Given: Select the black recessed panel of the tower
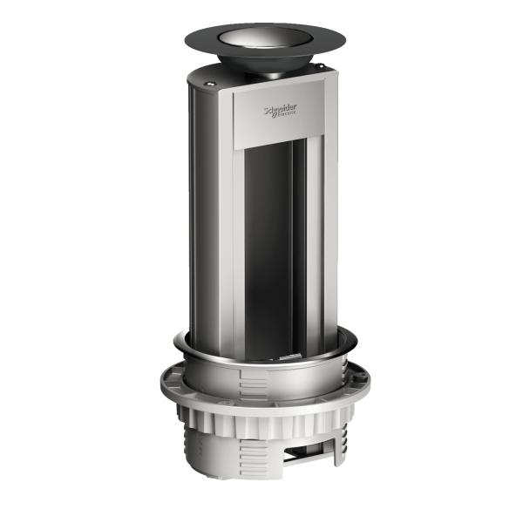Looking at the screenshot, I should (x=270, y=244).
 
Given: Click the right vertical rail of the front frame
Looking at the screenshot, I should (x=317, y=244).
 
